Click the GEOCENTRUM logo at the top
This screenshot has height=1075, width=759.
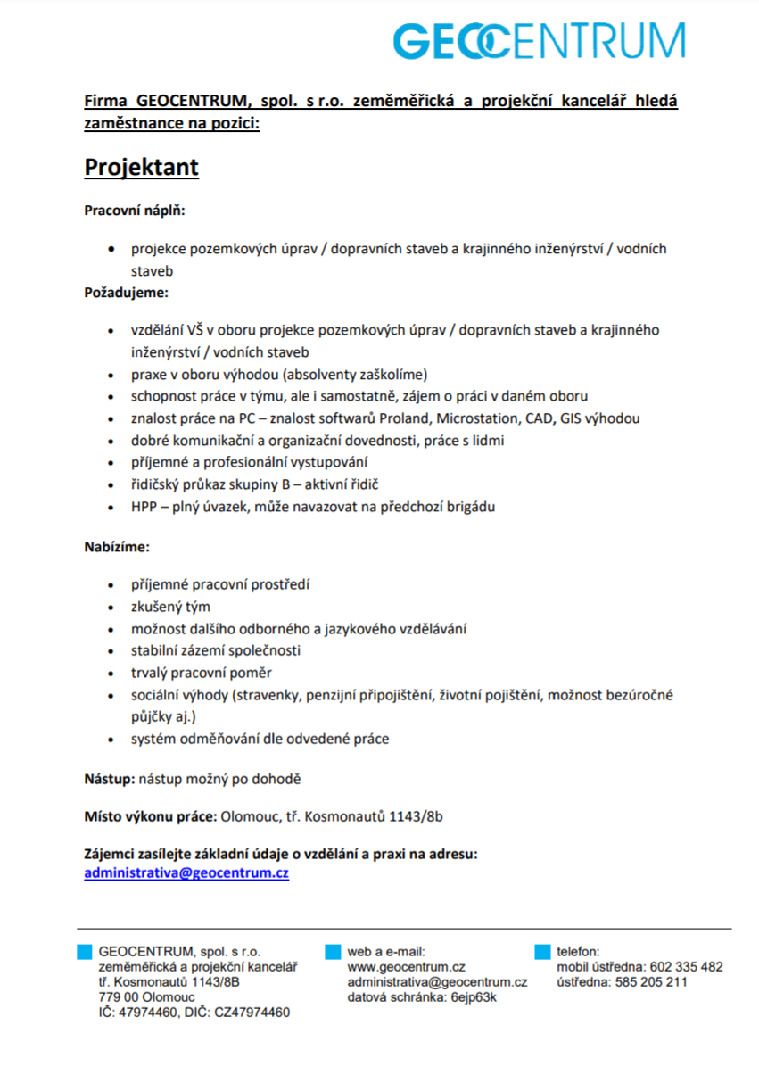coord(540,41)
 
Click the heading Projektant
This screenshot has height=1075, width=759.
coord(141,168)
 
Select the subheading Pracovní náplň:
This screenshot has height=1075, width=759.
coord(134,211)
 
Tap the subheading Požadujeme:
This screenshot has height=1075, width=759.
coord(126,292)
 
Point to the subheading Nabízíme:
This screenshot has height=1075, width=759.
coord(117,546)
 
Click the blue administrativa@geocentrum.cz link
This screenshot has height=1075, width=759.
coord(186,873)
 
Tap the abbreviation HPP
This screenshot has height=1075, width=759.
coord(145,507)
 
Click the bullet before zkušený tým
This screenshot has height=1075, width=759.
coord(111,608)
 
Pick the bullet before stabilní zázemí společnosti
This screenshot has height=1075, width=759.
coord(111,651)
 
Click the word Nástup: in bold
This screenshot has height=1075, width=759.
coord(110,779)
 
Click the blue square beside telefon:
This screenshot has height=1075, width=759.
coord(542,952)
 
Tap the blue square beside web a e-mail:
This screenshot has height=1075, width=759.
coord(333,952)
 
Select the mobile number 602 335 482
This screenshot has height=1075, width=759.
coord(687,967)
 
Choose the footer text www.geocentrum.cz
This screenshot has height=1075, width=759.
coord(407,967)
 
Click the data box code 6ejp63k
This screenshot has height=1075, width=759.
coord(474,997)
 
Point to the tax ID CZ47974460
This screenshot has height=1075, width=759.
coord(252,1013)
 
